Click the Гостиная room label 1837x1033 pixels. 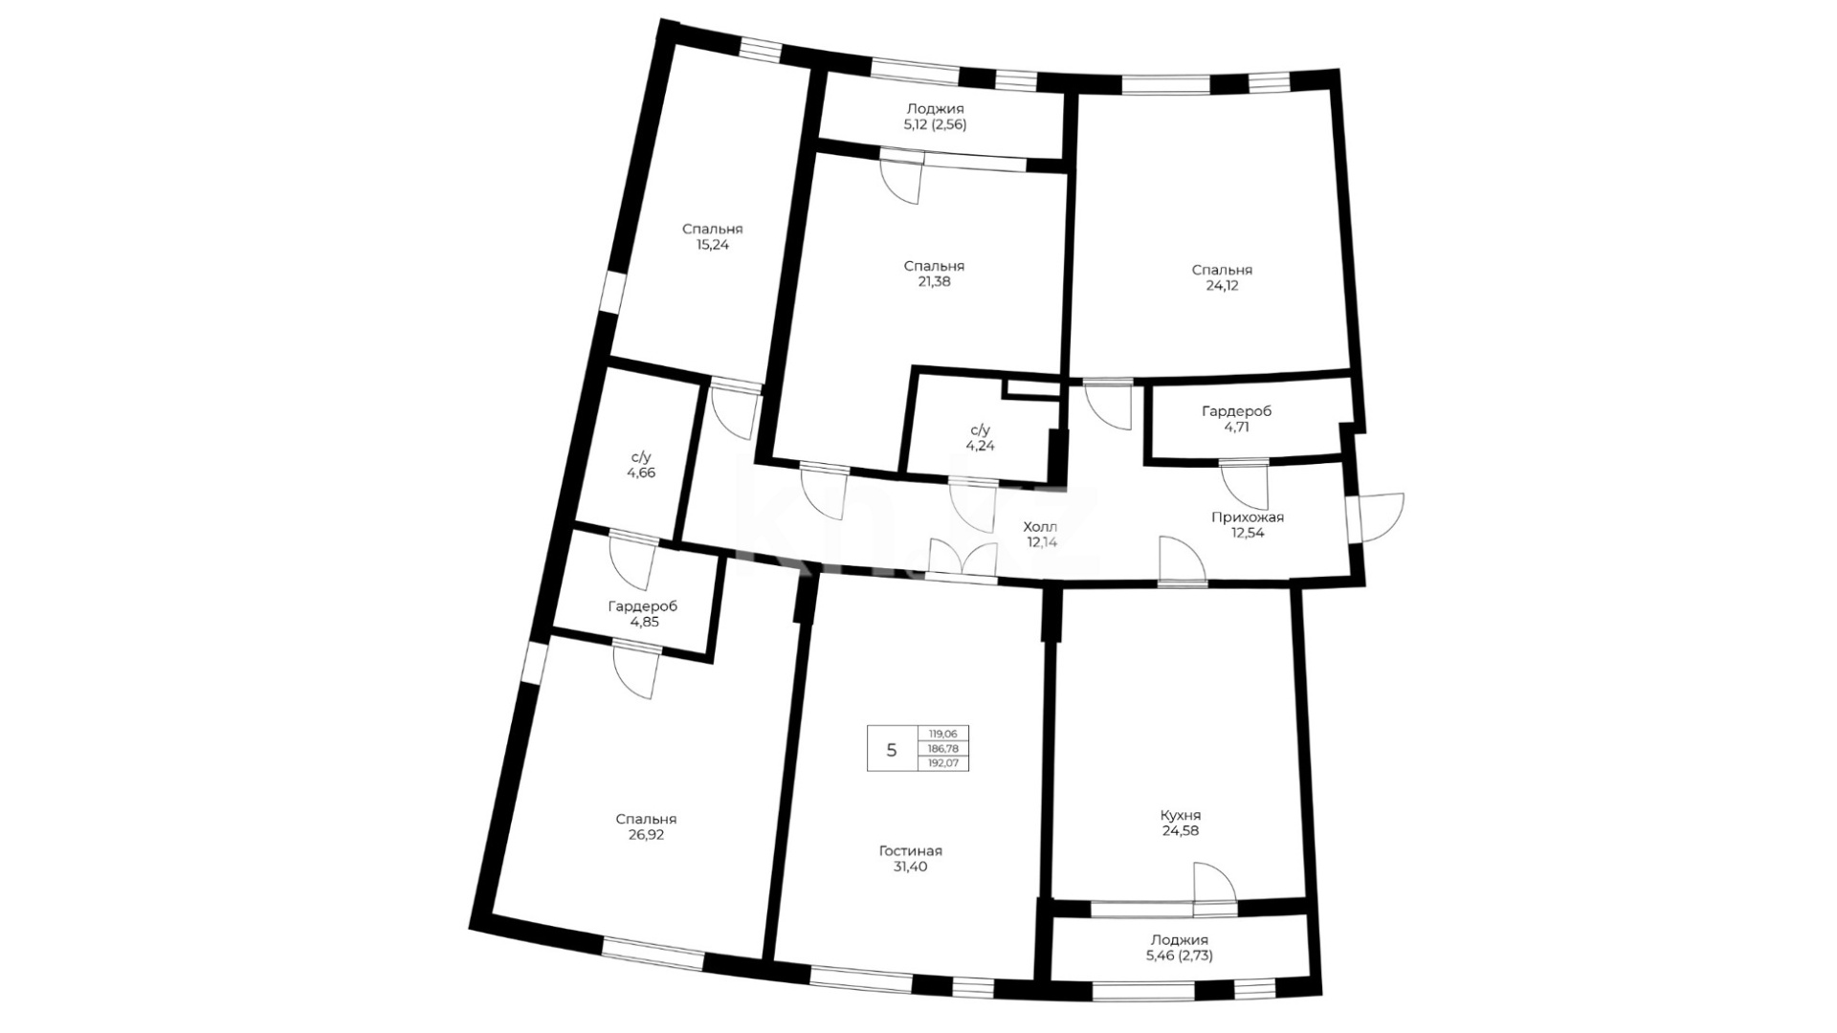(910, 851)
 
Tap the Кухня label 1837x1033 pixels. (1180, 816)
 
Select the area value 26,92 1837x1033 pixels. (646, 835)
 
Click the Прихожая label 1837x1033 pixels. (1248, 517)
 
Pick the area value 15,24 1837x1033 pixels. (712, 245)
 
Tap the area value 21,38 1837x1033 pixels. (934, 282)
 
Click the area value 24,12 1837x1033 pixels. (1222, 286)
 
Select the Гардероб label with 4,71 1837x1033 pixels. (1236, 411)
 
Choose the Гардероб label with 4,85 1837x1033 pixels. (643, 606)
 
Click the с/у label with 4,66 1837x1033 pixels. (641, 457)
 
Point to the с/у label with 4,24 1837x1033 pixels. (981, 430)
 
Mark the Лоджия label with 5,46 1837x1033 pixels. (1179, 940)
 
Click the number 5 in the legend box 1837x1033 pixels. (892, 750)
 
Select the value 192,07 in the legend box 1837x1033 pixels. (942, 763)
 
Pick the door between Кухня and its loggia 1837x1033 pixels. (1215, 884)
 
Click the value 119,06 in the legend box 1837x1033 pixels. (942, 734)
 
